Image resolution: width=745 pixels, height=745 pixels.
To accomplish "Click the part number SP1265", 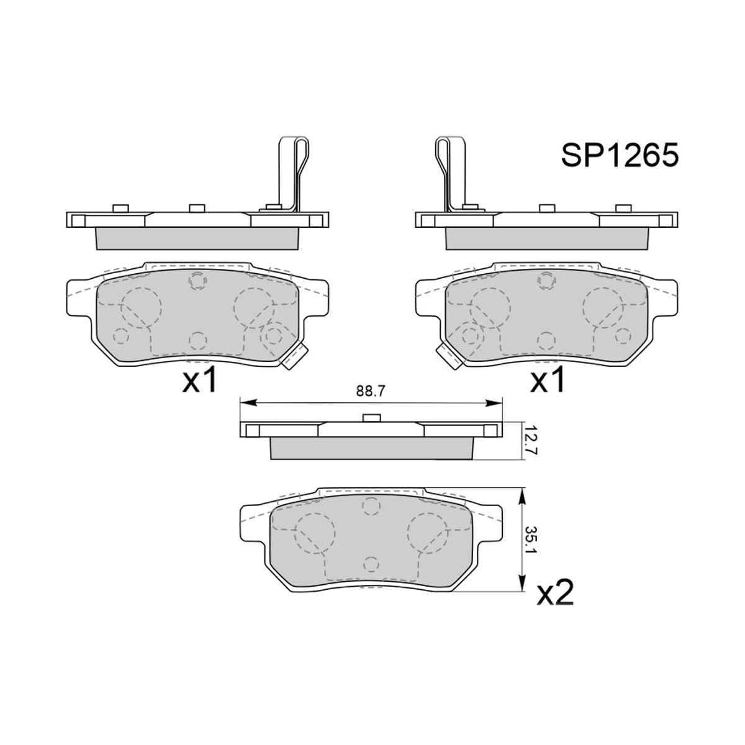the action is pos(620,155).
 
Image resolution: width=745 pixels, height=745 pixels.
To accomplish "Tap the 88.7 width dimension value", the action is pos(371,392).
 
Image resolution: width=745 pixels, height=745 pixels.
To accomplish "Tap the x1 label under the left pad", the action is pos(199,380).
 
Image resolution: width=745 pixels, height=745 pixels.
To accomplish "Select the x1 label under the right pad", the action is pos(547,380).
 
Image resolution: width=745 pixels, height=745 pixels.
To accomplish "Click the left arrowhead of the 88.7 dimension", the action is pos(248,404).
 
